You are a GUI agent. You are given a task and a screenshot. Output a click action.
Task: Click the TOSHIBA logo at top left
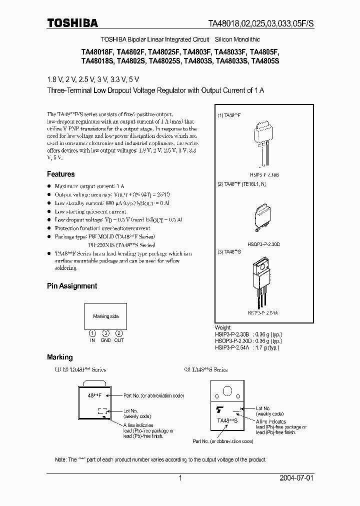point(72,22)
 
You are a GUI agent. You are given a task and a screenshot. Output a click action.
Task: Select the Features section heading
point(60,174)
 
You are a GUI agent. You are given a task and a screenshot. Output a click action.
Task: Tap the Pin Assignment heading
point(71,286)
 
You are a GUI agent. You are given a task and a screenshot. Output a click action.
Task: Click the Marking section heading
point(59,357)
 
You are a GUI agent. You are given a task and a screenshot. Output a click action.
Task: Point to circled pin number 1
point(92,333)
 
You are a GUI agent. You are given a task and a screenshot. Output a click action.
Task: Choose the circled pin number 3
point(105,333)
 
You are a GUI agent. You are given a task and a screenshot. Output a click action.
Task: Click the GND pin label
point(105,340)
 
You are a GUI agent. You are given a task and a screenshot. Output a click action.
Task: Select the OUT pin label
point(119,340)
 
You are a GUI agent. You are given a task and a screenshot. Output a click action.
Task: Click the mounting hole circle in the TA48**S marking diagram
point(227,391)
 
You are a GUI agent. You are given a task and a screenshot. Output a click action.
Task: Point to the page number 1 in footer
point(180,478)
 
